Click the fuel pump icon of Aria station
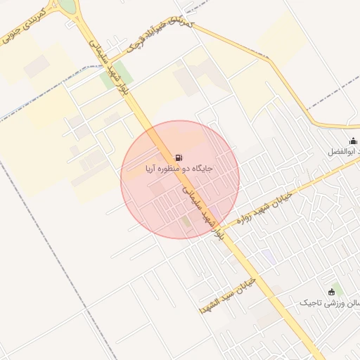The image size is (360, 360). [x=179, y=157]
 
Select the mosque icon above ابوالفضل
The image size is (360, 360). [x=353, y=141]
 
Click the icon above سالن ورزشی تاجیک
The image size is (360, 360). [x=332, y=292]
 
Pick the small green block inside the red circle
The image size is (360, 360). [x=185, y=222]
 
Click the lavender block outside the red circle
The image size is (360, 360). [x=269, y=257]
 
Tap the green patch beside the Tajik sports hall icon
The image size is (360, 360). [x=338, y=288]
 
